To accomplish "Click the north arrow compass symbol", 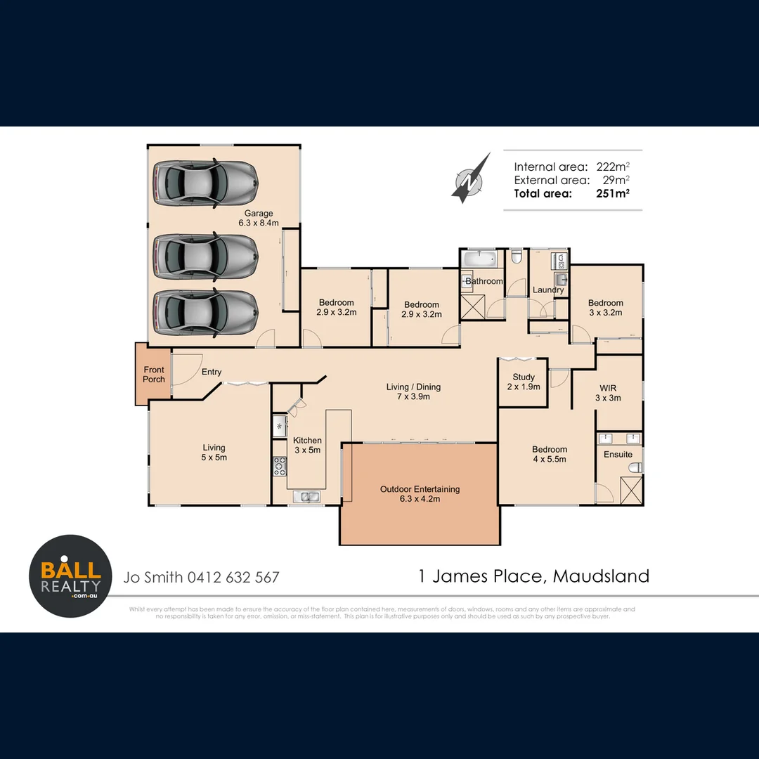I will pos(470,179).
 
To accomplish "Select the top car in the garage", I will pos(205,184).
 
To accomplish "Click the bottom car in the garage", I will pos(205,313).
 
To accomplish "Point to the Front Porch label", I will pos(154,375).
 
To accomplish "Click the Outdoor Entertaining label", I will pos(420,494).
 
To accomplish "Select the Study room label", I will pos(524,382).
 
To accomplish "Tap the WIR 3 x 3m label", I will pos(608,393).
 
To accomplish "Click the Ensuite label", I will pos(618,455).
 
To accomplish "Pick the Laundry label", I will pos(548,290).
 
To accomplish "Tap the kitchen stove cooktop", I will pos(279,465).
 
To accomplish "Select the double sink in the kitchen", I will pos(306,497).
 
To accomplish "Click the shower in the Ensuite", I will pos(630,488).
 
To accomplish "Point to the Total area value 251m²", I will pos(611,194).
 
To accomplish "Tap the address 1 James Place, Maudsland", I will pos(533,576).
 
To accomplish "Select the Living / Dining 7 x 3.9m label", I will pos(413,391).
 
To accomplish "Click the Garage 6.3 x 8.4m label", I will pos(259,218).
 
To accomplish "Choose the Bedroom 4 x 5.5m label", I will pos(549,454).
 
